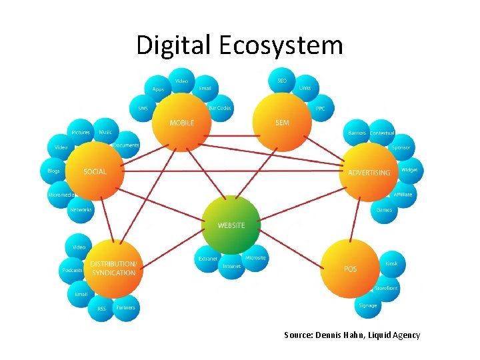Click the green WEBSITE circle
click(x=231, y=225)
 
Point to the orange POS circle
click(x=351, y=269)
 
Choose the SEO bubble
click(x=282, y=81)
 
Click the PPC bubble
click(x=320, y=108)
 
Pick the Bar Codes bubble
click(x=219, y=108)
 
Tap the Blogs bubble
click(x=54, y=171)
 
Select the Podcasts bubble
click(x=72, y=270)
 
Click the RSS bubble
click(x=102, y=308)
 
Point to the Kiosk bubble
click(x=391, y=264)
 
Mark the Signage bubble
click(x=367, y=305)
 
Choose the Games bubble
click(x=384, y=210)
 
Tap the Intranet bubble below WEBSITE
click(x=231, y=266)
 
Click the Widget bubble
click(x=409, y=171)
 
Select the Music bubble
click(x=105, y=132)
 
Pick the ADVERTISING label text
click(x=369, y=173)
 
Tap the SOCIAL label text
click(x=95, y=171)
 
